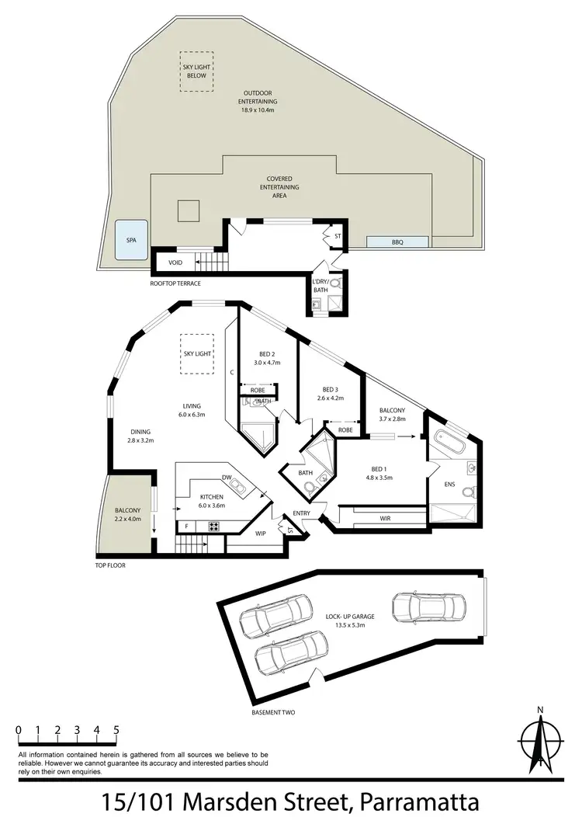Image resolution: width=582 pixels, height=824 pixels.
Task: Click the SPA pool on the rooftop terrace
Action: click(131, 240)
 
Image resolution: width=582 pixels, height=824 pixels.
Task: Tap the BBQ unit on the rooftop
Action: click(397, 242)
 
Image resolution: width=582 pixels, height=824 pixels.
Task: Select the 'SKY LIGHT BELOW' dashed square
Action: click(198, 71)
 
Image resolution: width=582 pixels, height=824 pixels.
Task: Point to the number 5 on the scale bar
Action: click(116, 730)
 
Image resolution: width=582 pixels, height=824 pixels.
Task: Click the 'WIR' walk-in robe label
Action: click(385, 517)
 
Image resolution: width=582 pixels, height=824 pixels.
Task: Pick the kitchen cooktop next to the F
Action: click(213, 527)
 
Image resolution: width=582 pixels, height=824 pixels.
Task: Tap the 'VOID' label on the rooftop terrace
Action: click(175, 262)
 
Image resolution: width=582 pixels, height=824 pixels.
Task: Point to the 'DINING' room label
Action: click(140, 432)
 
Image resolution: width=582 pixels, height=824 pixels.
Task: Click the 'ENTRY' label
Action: click(302, 513)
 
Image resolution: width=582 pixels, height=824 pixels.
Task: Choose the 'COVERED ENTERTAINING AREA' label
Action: click(279, 187)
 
